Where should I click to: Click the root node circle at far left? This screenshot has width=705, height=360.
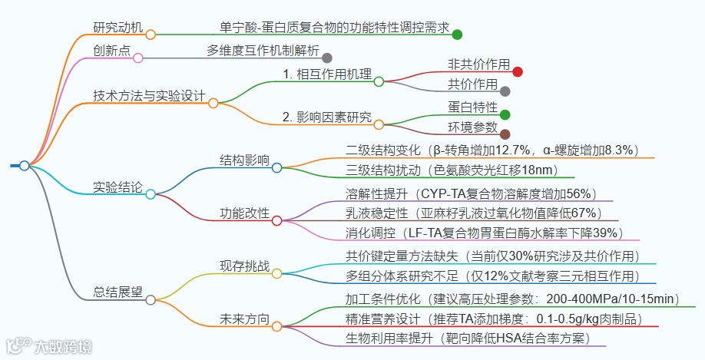pyautogui.click(x=25, y=166)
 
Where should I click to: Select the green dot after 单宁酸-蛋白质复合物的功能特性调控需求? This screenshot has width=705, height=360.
pyautogui.click(x=457, y=34)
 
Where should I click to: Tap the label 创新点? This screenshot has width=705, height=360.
pyautogui.click(x=111, y=51)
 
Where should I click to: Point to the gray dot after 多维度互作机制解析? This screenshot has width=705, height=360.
pyautogui.click(x=327, y=58)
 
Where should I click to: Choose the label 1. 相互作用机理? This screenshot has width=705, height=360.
pyautogui.click(x=326, y=74)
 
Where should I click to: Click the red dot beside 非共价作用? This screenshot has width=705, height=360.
pyautogui.click(x=518, y=71)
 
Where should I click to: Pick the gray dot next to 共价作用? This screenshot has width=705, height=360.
pyautogui.click(x=505, y=91)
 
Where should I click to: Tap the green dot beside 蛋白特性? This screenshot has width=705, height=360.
pyautogui.click(x=505, y=114)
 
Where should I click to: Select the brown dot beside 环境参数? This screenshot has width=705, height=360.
pyautogui.click(x=505, y=134)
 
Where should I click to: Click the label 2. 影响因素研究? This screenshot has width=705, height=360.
pyautogui.click(x=326, y=117)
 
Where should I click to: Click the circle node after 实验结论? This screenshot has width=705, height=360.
pyautogui.click(x=150, y=193)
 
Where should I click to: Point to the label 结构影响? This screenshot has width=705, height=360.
pyautogui.click(x=245, y=160)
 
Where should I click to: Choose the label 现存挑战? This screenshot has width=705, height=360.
pyautogui.click(x=245, y=266)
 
